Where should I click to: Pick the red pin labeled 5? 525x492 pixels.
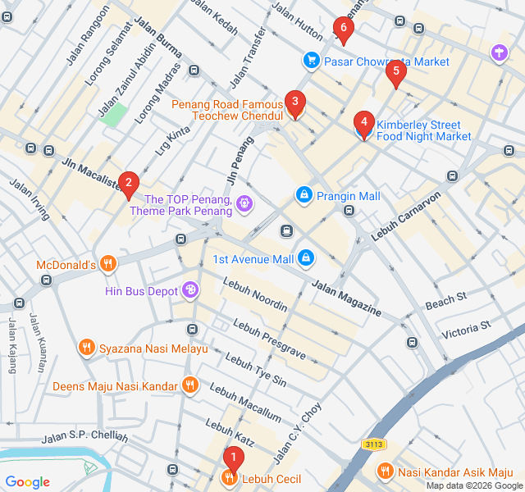pyautogui.click(x=396, y=72)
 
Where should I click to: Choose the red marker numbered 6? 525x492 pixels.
pyautogui.click(x=344, y=29)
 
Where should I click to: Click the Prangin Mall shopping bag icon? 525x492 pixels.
pyautogui.click(x=304, y=195)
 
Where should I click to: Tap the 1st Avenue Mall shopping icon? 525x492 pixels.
pyautogui.click(x=306, y=258)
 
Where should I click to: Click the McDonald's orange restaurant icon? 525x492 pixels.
pyautogui.click(x=109, y=264)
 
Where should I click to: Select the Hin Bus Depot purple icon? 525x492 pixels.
pyautogui.click(x=190, y=290)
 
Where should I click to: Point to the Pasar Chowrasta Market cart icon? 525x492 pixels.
pyautogui.click(x=311, y=60)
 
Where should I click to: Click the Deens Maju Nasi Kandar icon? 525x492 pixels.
pyautogui.click(x=190, y=385)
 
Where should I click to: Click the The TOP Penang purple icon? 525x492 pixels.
pyautogui.click(x=244, y=203)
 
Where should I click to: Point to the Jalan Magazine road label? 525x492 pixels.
pyautogui.click(x=345, y=298)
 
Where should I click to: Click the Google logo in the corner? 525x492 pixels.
pyautogui.click(x=28, y=481)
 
